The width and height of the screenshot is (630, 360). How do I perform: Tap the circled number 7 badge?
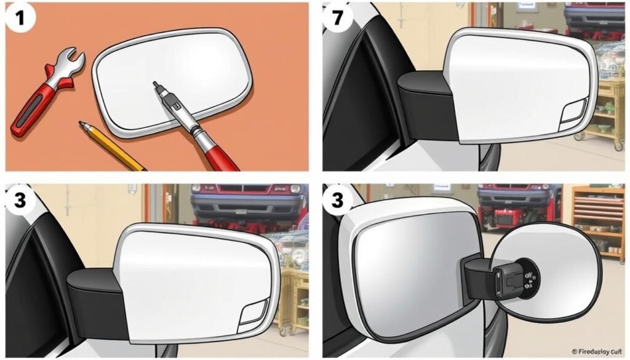pyautogui.click(x=336, y=17)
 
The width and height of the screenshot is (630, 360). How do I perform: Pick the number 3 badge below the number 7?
pyautogui.click(x=336, y=199)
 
